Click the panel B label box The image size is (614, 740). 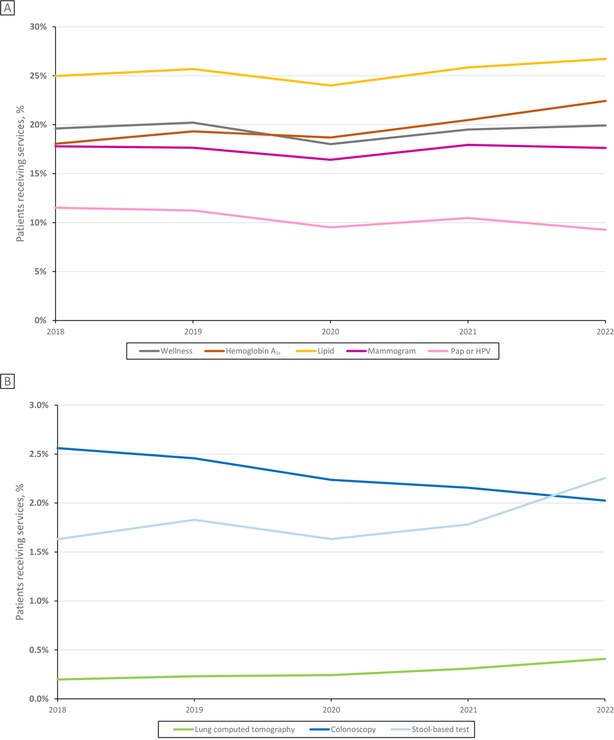pos(8,381)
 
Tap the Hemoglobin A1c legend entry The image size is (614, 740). pos(241,351)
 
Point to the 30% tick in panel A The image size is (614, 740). pos(38,27)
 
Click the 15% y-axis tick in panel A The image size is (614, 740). pos(38,174)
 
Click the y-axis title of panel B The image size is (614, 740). pos(20,551)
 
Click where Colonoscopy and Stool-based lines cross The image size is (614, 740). pos(556,495)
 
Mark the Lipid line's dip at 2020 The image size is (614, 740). pos(330,85)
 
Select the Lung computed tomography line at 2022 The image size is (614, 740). pos(604,659)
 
